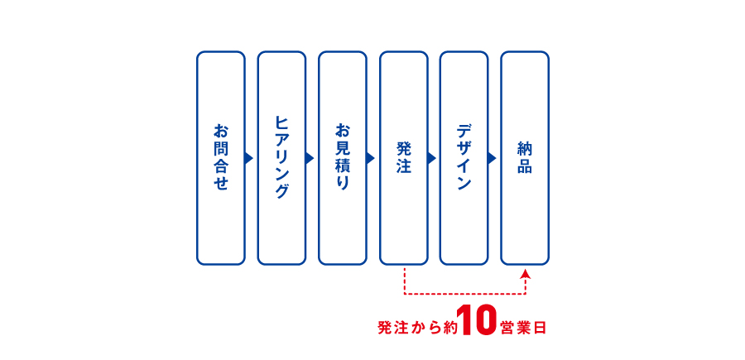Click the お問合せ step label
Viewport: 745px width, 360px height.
220,157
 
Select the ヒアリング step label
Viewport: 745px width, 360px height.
281,157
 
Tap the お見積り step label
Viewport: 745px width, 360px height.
342,157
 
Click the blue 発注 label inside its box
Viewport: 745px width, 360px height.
403,157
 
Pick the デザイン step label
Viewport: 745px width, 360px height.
464,157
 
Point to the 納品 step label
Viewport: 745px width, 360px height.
525,157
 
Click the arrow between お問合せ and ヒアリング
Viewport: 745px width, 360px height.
248,158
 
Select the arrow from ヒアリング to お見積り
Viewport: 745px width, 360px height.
310,158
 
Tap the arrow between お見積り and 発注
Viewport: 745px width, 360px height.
370,158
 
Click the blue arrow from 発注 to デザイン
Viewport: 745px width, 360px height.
431,158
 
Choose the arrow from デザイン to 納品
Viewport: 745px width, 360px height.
492,158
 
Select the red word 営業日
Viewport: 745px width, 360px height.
522,328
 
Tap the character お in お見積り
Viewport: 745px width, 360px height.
342,131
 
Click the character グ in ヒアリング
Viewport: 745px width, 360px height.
281,191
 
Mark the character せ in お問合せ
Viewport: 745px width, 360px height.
220,184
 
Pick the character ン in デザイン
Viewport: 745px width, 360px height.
464,184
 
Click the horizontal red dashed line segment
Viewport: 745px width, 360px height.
464,294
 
